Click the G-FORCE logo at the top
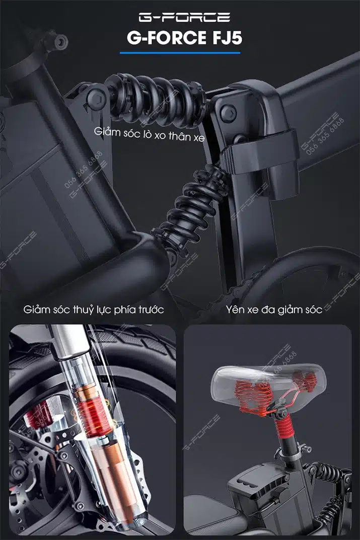(184, 17)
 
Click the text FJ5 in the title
(227, 38)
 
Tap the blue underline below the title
(180, 53)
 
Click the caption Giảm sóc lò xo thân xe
(149, 134)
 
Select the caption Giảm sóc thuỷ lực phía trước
(93, 310)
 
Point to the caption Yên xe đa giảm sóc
(274, 310)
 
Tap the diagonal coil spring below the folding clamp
(189, 210)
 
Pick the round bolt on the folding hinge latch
(229, 113)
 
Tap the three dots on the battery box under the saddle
(249, 484)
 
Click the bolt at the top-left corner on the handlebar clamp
(60, 41)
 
